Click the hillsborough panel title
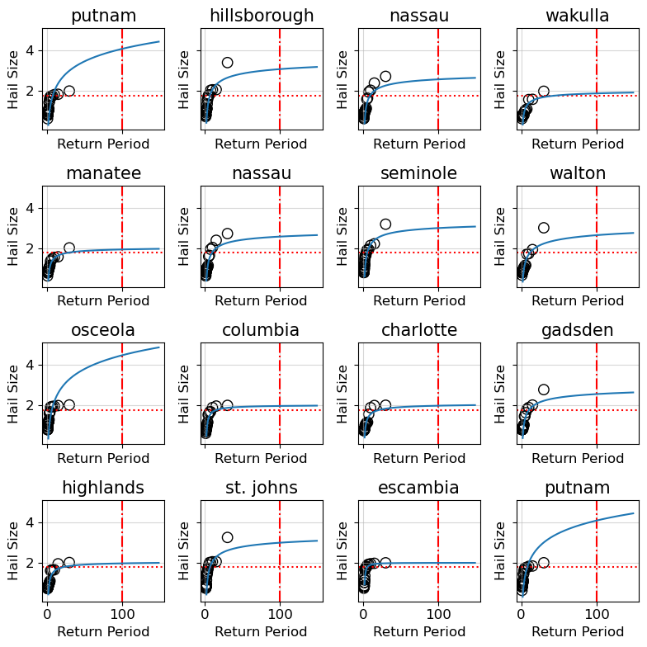[262, 16]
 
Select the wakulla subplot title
[578, 16]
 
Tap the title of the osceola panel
[103, 330]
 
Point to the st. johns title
[262, 488]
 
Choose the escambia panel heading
[419, 488]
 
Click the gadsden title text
[578, 330]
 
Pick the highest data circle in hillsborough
[227, 63]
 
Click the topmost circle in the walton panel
[544, 228]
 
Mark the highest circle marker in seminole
[385, 224]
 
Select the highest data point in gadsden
[544, 390]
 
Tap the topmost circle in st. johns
[227, 537]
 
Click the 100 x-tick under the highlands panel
[122, 615]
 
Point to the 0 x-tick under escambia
[363, 615]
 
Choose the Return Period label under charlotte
[419, 458]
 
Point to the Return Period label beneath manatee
[103, 301]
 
